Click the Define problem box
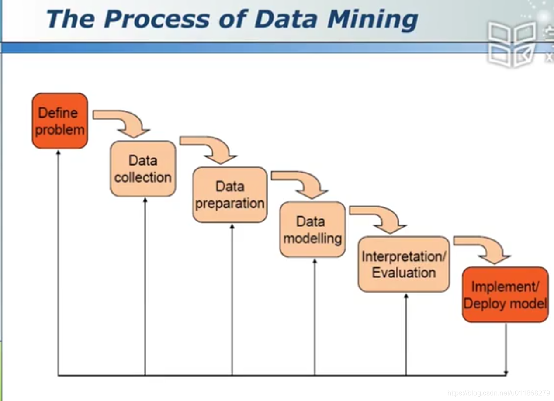click(x=60, y=121)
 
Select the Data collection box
click(x=143, y=169)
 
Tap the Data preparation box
click(x=230, y=195)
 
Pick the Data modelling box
click(x=312, y=229)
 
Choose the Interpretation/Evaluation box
click(x=404, y=264)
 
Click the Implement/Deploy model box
click(x=505, y=295)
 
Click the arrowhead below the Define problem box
click(x=58, y=152)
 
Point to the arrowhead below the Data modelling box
click(x=315, y=261)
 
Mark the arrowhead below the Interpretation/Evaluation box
click(x=406, y=296)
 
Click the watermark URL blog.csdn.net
click(x=499, y=393)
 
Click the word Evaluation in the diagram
click(x=404, y=273)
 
